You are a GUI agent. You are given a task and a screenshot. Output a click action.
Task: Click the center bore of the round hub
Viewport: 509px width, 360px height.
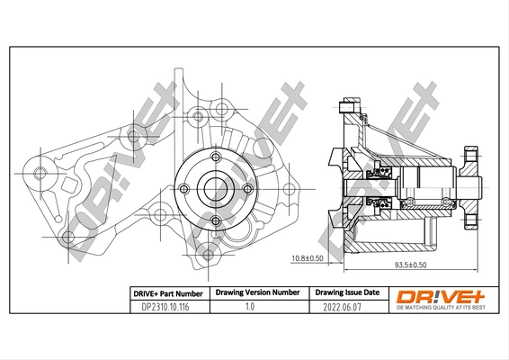[x=215, y=188]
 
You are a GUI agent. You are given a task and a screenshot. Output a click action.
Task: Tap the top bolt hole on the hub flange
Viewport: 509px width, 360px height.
[x=215, y=158]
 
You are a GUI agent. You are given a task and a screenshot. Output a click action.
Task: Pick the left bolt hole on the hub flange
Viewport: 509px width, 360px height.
[x=185, y=188]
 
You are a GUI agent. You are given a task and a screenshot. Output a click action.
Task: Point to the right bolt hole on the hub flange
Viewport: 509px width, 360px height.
[x=246, y=188]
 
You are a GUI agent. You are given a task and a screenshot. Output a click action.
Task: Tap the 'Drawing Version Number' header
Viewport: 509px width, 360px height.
[x=257, y=293]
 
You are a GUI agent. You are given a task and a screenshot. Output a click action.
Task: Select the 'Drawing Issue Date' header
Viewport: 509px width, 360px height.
[x=346, y=293]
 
